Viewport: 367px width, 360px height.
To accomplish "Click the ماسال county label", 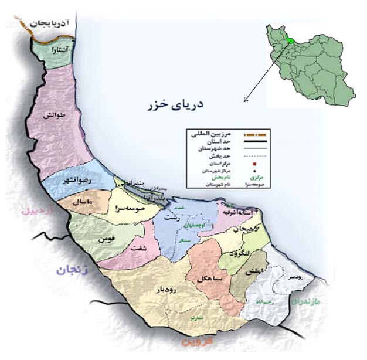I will click(79, 202).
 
